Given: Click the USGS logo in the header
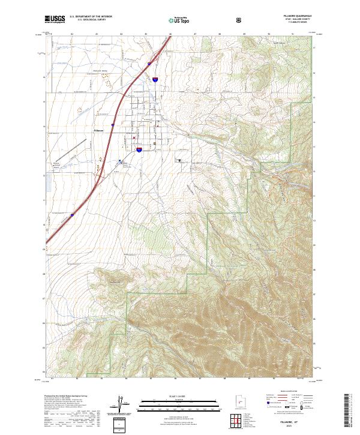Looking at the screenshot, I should [55, 20].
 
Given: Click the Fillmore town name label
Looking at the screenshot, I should [100, 130].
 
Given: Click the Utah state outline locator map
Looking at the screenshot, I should [239, 402].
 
